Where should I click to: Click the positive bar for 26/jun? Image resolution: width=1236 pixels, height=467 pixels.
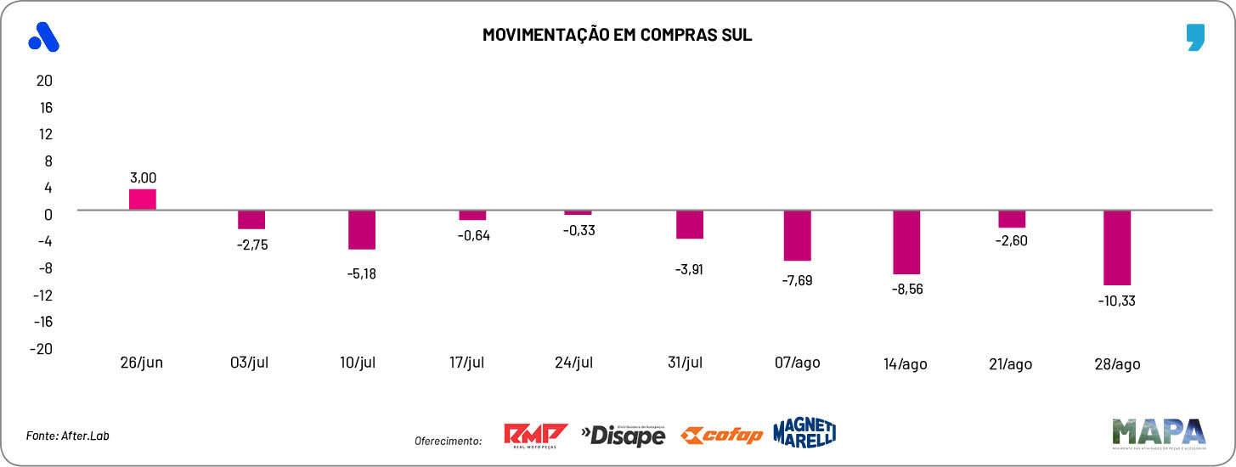click(142, 200)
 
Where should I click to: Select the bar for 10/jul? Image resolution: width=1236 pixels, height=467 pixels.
click(362, 230)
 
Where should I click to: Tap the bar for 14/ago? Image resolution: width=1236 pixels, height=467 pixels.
click(906, 242)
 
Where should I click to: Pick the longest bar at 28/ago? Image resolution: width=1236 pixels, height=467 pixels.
click(1117, 248)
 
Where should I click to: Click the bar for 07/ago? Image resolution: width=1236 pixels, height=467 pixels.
click(797, 235)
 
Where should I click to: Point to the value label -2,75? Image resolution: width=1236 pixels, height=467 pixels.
click(252, 245)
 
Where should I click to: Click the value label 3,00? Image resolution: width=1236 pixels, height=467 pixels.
click(143, 177)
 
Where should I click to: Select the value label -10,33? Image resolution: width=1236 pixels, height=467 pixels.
click(1117, 301)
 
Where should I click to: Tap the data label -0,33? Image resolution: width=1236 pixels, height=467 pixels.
click(579, 231)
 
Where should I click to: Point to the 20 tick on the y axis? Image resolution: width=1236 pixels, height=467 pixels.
click(43, 81)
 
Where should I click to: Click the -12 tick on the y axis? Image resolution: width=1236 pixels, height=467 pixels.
click(42, 295)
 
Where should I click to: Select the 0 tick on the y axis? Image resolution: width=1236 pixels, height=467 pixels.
click(48, 214)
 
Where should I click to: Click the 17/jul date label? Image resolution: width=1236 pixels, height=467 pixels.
click(466, 363)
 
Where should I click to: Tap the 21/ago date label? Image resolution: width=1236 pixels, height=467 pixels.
click(1012, 363)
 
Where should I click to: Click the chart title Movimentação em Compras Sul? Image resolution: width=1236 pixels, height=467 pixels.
click(618, 35)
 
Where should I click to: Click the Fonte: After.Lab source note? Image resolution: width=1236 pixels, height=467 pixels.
click(68, 436)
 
